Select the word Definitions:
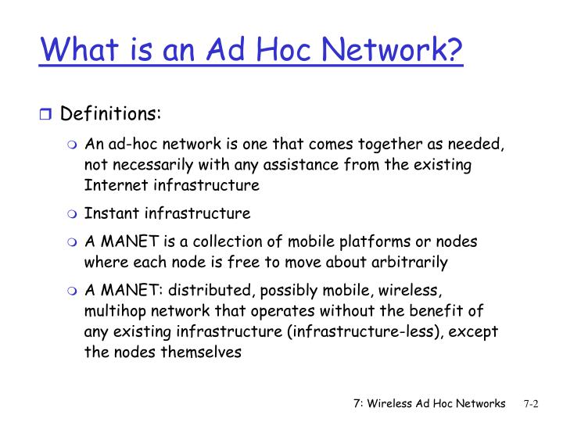[x=110, y=114]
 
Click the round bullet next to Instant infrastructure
[x=73, y=213]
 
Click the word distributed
[x=221, y=291]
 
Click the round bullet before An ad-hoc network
[x=73, y=146]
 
